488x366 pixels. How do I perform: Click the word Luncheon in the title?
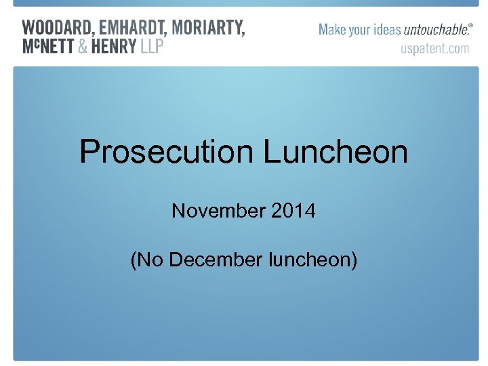335,152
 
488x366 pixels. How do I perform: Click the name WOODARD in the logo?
58,28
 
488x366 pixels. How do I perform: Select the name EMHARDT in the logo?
133,28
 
